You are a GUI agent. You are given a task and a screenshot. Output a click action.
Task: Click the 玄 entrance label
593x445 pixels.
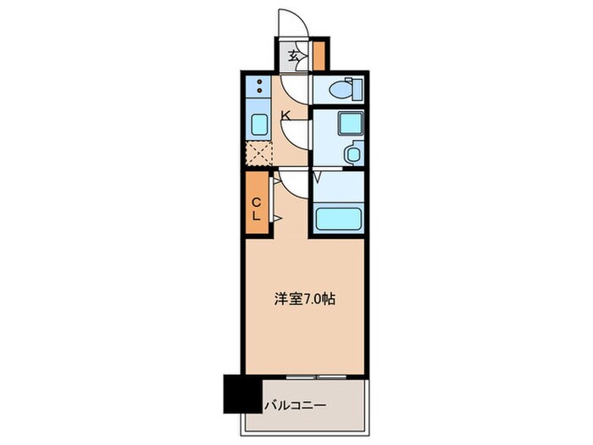[292, 58]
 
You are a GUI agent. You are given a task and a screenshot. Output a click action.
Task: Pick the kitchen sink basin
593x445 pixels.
[258, 124]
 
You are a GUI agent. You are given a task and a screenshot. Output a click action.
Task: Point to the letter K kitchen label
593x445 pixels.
[285, 115]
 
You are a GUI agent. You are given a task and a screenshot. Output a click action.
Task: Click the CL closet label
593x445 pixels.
[257, 208]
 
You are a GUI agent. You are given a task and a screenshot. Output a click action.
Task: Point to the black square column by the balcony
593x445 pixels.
[240, 392]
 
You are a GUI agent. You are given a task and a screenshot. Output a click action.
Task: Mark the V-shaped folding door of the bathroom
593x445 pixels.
[317, 178]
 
